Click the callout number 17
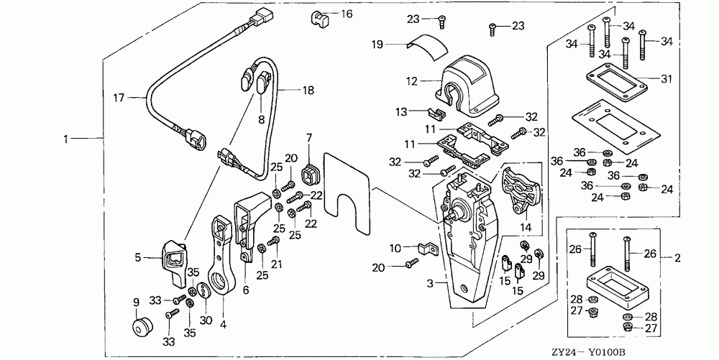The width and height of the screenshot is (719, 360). pyautogui.click(x=119, y=98)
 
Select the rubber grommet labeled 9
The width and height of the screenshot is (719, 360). pyautogui.click(x=141, y=327)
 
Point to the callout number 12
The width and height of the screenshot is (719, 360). pyautogui.click(x=412, y=81)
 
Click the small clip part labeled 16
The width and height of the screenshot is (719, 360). pyautogui.click(x=319, y=18)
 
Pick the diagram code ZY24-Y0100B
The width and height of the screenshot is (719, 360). pyautogui.click(x=589, y=352)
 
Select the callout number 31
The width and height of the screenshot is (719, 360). pyautogui.click(x=666, y=79)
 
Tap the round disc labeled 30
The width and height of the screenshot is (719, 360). pyautogui.click(x=203, y=291)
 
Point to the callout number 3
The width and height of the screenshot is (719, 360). pyautogui.click(x=430, y=284)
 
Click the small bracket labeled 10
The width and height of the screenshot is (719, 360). pyautogui.click(x=429, y=250)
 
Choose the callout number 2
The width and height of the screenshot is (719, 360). pyautogui.click(x=677, y=258)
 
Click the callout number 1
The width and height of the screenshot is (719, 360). pyautogui.click(x=65, y=139)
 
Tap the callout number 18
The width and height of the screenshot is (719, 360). pyautogui.click(x=308, y=91)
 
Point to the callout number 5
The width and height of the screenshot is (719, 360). pyautogui.click(x=137, y=258)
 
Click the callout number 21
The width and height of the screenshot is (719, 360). pyautogui.click(x=277, y=264)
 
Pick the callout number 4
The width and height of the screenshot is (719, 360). pyautogui.click(x=224, y=326)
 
